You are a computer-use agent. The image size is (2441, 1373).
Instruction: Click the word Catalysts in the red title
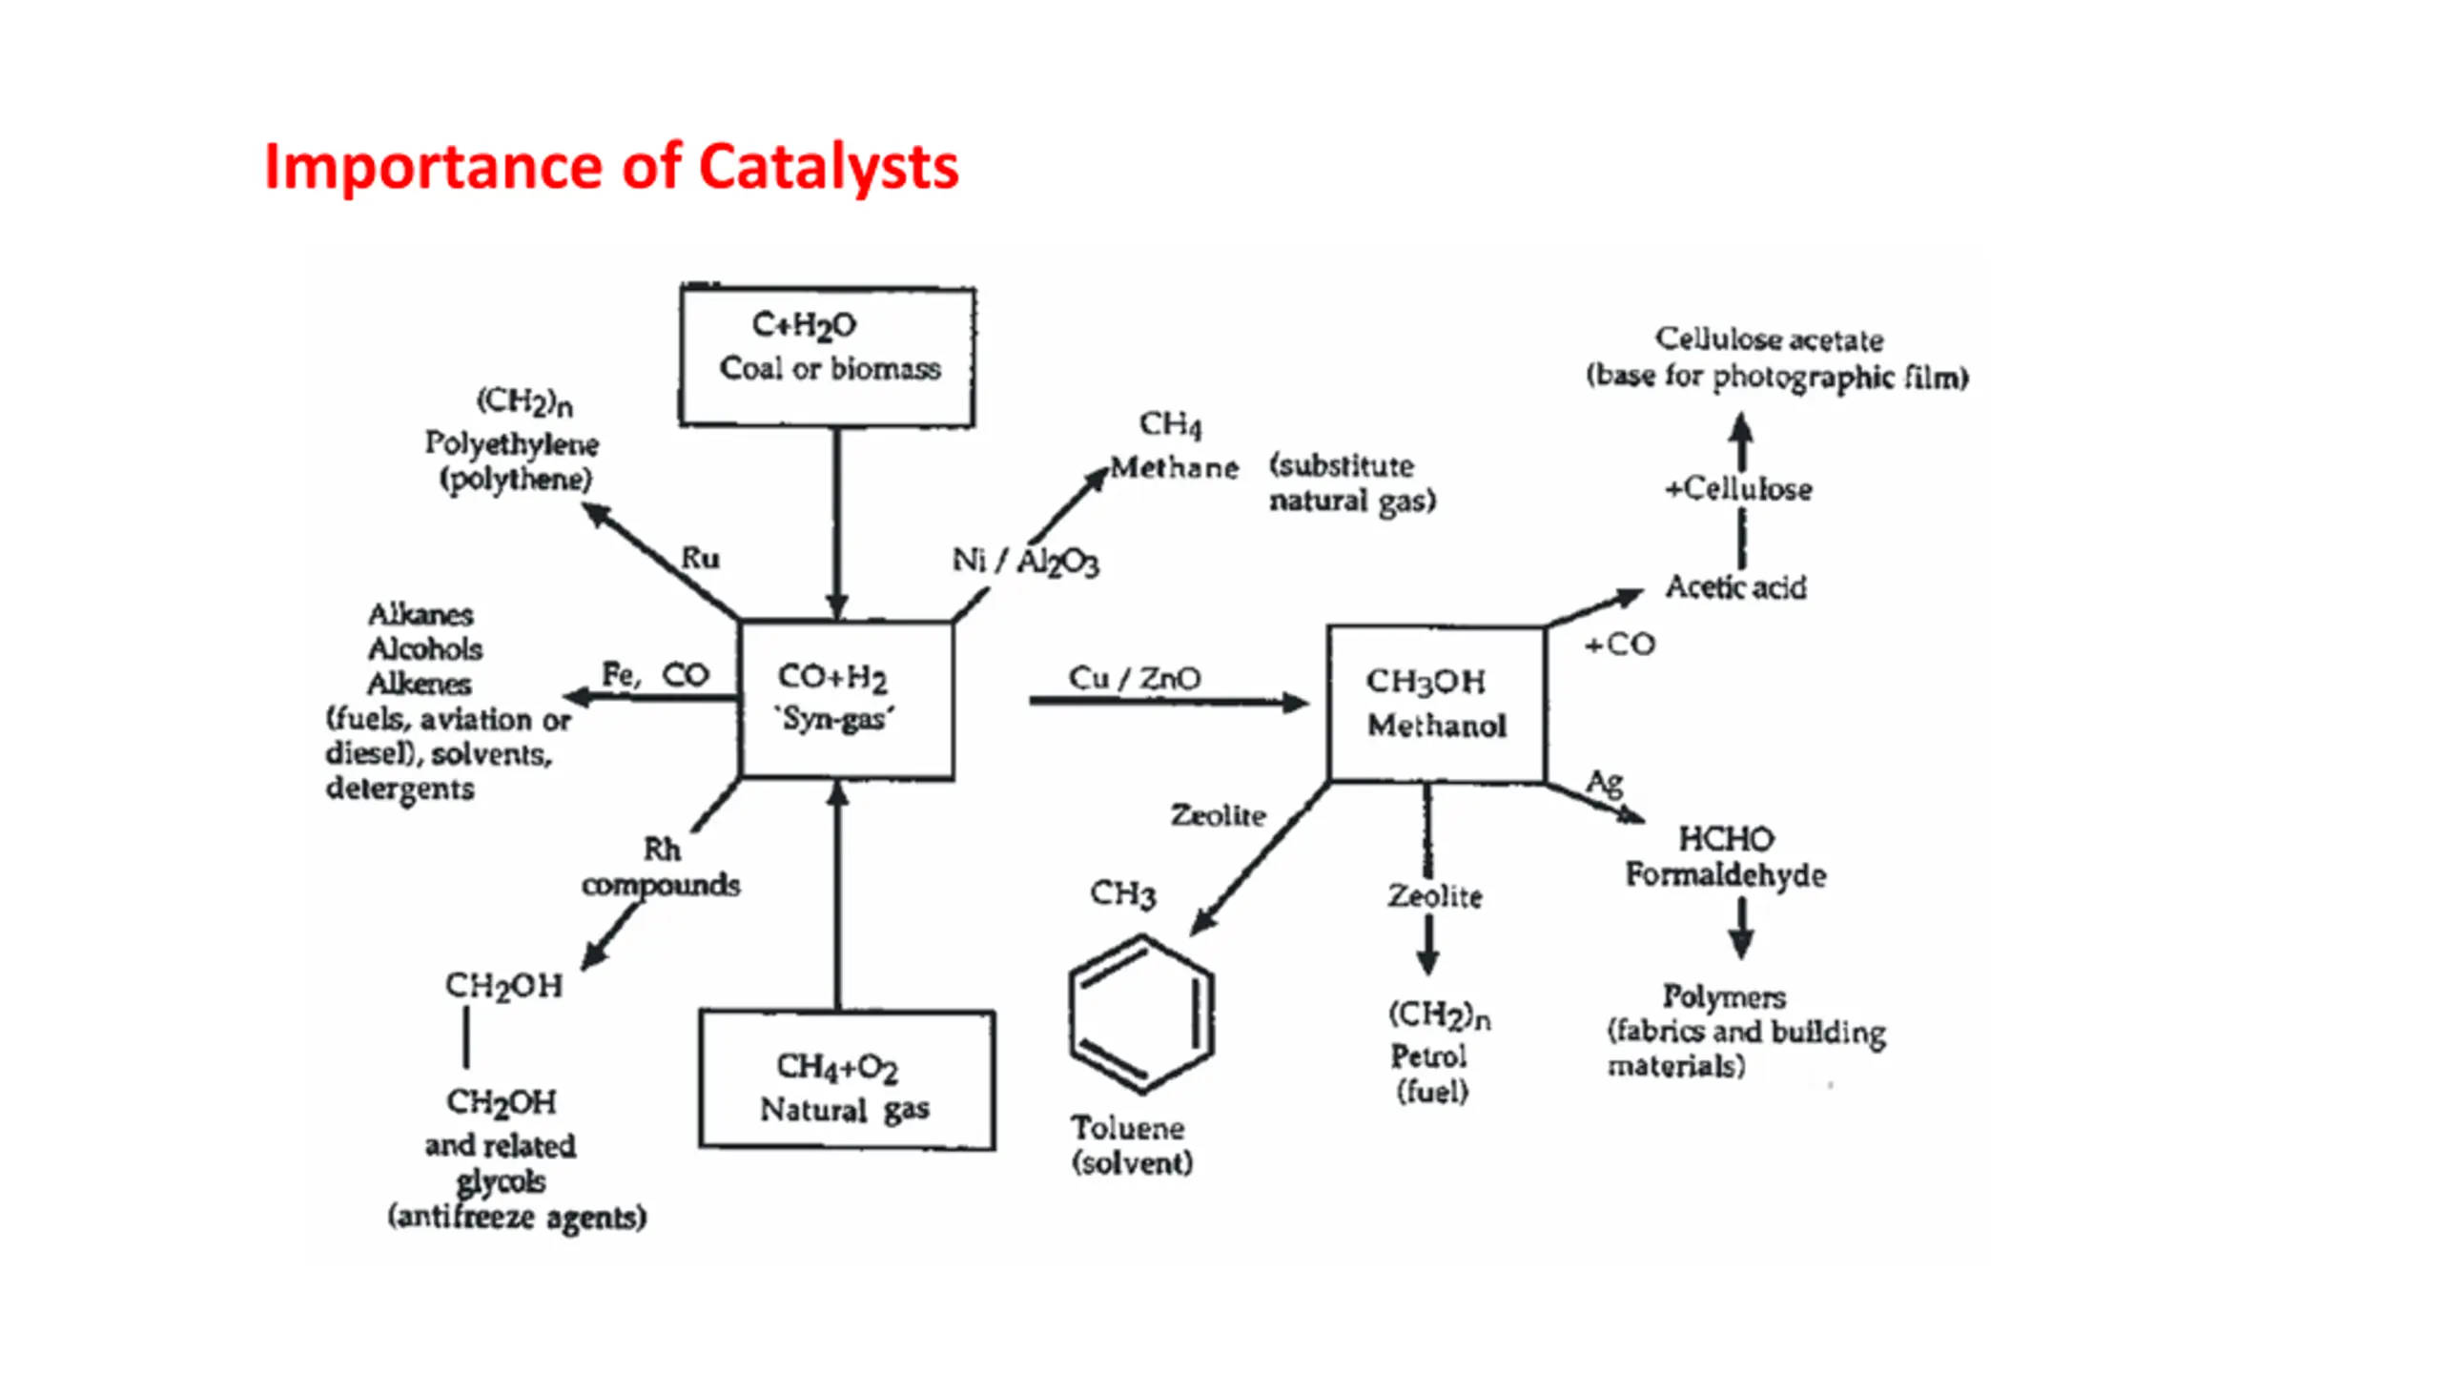pos(828,168)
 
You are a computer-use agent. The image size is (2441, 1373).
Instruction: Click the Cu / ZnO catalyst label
pos(1134,678)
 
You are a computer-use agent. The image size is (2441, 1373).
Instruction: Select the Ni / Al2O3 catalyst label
pos(1025,561)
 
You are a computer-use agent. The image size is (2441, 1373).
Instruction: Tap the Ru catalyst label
pos(700,558)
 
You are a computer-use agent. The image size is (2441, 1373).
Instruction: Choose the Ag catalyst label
pos(1604,783)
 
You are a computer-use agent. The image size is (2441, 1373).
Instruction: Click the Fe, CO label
pos(655,675)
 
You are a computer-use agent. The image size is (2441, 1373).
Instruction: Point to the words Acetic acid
pos(1735,586)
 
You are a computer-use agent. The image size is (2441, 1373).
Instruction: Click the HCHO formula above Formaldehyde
pos(1726,839)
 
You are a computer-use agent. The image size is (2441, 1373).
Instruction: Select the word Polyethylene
pos(511,443)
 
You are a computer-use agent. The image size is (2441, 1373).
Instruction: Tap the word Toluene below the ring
pos(1127,1128)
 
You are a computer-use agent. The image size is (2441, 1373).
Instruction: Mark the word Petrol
pos(1427,1055)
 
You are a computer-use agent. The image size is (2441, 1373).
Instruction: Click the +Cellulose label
pos(1738,489)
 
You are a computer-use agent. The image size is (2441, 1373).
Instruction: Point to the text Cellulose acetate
pos(1769,339)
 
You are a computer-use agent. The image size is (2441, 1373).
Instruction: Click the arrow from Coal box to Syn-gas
pos(837,523)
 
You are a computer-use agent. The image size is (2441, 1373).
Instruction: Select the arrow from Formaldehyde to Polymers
pos(1741,928)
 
